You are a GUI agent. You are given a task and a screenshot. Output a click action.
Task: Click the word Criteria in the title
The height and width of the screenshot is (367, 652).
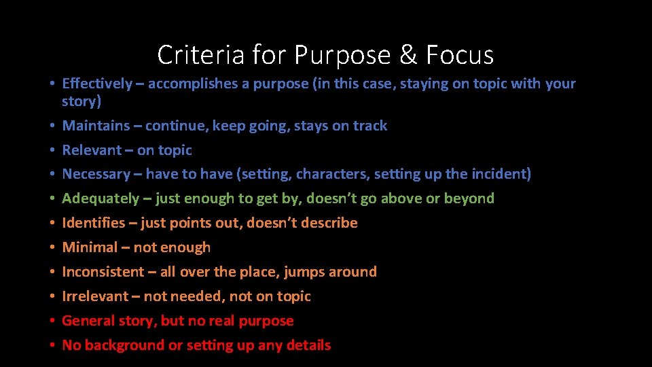200,54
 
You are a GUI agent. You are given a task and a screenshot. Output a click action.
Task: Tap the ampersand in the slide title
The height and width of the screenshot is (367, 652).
408,54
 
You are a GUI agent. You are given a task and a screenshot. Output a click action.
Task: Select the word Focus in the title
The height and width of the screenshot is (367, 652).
460,54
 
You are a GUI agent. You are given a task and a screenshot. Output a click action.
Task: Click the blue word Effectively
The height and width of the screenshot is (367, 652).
97,84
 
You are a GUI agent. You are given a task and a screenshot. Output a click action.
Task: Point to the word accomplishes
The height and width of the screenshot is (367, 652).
192,84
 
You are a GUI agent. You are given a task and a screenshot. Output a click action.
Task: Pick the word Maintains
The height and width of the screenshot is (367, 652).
96,125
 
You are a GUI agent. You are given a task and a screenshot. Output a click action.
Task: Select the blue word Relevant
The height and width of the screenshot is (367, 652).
92,150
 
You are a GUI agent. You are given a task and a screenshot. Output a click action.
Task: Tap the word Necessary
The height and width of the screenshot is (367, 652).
96,174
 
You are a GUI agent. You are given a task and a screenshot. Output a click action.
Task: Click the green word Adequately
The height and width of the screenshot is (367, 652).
101,198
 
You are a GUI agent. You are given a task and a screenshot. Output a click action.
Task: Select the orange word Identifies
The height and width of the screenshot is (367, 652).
94,223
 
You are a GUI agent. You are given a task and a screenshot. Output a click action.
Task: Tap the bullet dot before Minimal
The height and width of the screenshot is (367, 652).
52,247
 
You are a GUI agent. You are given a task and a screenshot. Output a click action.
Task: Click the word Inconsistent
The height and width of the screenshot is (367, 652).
103,272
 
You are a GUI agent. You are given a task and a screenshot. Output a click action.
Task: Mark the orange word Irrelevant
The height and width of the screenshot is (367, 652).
95,296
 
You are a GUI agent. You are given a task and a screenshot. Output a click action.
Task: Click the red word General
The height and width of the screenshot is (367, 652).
88,321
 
